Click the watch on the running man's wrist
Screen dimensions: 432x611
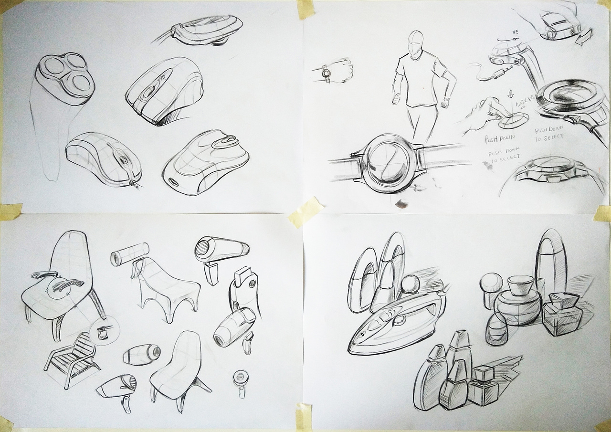tap(446, 99)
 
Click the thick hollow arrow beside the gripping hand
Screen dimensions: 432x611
tap(584, 37)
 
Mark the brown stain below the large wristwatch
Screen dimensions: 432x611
tap(400, 205)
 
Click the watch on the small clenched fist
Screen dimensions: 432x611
tap(326, 73)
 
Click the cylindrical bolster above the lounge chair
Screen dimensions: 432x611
tap(129, 253)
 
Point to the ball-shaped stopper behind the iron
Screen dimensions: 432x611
tap(410, 285)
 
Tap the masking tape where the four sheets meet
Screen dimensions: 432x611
tap(305, 210)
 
